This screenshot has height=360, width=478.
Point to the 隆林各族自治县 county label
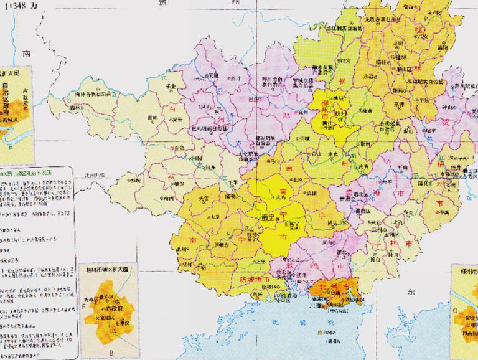point(93,94)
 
